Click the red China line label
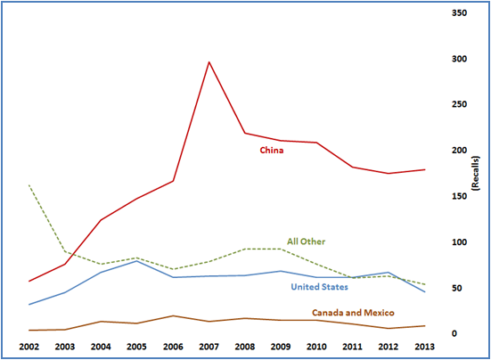click(272, 150)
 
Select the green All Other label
click(306, 241)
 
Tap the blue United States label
click(319, 286)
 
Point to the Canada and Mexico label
click(353, 313)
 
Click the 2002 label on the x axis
click(29, 346)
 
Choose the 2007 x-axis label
click(208, 346)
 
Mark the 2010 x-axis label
click(315, 346)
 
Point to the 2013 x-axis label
click(423, 346)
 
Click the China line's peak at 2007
click(209, 61)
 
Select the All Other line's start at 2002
click(29, 185)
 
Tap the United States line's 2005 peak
click(136, 260)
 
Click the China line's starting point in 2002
click(29, 281)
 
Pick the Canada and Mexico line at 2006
click(172, 315)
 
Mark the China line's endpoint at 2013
click(423, 169)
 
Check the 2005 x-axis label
click(135, 346)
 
